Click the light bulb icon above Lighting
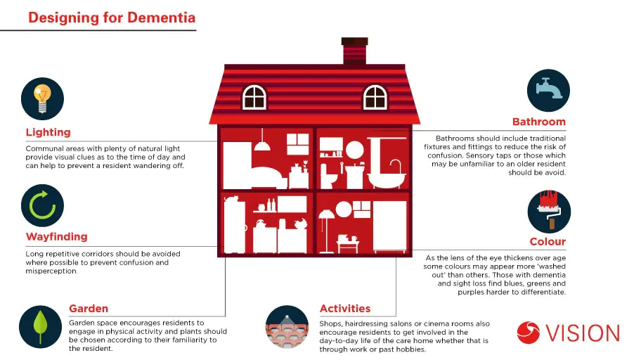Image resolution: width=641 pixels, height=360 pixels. pyautogui.click(x=42, y=98)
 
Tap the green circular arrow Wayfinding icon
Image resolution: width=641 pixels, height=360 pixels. pyautogui.click(x=42, y=205)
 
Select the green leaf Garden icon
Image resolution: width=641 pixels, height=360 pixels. pyautogui.click(x=40, y=327)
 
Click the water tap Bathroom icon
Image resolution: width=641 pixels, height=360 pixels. pyautogui.click(x=548, y=91)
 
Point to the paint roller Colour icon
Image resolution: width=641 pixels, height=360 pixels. pyautogui.click(x=549, y=211)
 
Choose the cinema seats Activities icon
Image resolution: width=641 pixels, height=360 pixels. pyautogui.click(x=287, y=327)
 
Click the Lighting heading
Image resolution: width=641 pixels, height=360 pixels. pyautogui.click(x=48, y=133)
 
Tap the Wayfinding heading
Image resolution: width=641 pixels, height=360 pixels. pyautogui.click(x=57, y=237)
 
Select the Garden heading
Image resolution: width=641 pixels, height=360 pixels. pyautogui.click(x=89, y=309)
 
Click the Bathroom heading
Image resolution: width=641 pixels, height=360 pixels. pyautogui.click(x=539, y=122)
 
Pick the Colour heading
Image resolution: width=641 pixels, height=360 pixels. pyautogui.click(x=548, y=242)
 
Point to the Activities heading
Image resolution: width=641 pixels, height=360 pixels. pyautogui.click(x=345, y=309)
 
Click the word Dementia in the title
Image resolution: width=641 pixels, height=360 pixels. pyautogui.click(x=162, y=18)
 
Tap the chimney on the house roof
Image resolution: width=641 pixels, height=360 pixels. pyautogui.click(x=355, y=51)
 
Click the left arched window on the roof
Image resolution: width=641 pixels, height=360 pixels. pyautogui.click(x=254, y=97)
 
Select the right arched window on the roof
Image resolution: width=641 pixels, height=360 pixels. pyautogui.click(x=375, y=97)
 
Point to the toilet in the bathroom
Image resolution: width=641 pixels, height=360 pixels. pyautogui.click(x=328, y=176)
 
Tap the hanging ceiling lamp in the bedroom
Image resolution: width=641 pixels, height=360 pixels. pyautogui.click(x=262, y=139)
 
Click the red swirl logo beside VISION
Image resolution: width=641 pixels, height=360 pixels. pyautogui.click(x=528, y=333)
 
